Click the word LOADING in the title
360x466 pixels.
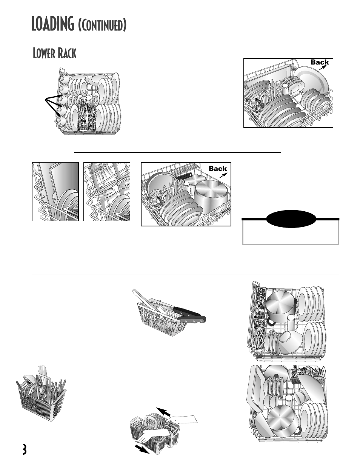[52, 24]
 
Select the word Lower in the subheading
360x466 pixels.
[44, 53]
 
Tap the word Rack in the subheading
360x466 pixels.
[67, 53]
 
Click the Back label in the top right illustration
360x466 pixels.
[320, 62]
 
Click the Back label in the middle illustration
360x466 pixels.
[218, 169]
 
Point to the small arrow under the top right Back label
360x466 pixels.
[323, 67]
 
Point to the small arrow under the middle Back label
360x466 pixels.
[223, 175]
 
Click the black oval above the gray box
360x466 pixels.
[291, 218]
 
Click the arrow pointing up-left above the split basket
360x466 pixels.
[163, 412]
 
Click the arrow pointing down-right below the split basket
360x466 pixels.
[142, 449]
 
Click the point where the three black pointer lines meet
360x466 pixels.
[45, 99]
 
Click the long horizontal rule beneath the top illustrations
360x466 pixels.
[177, 152]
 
